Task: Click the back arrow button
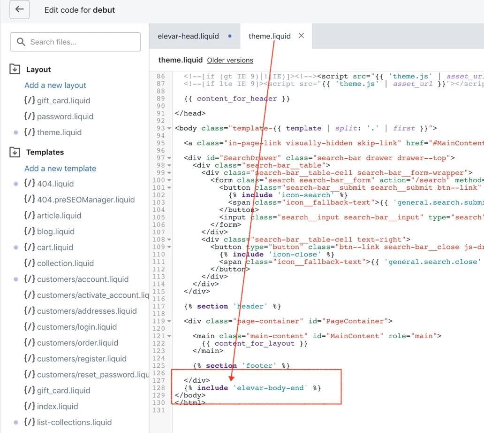coord(19,9)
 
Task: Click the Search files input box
coord(76,42)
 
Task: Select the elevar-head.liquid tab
coord(188,36)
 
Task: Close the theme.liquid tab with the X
coord(301,36)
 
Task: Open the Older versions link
coord(230,60)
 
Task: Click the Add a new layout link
coord(55,85)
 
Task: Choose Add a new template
coord(60,169)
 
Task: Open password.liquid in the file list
coord(65,116)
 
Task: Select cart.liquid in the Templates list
coord(55,247)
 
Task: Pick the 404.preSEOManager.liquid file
coord(86,200)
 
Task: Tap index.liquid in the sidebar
coord(57,406)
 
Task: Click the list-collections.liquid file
coord(74,422)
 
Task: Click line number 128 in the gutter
coord(159,388)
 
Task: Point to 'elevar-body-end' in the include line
coord(271,388)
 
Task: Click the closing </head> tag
coord(190,114)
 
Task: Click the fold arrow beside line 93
coord(169,128)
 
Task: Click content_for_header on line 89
coord(237,99)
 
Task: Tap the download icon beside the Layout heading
coord(15,69)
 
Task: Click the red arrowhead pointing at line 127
coord(232,378)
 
